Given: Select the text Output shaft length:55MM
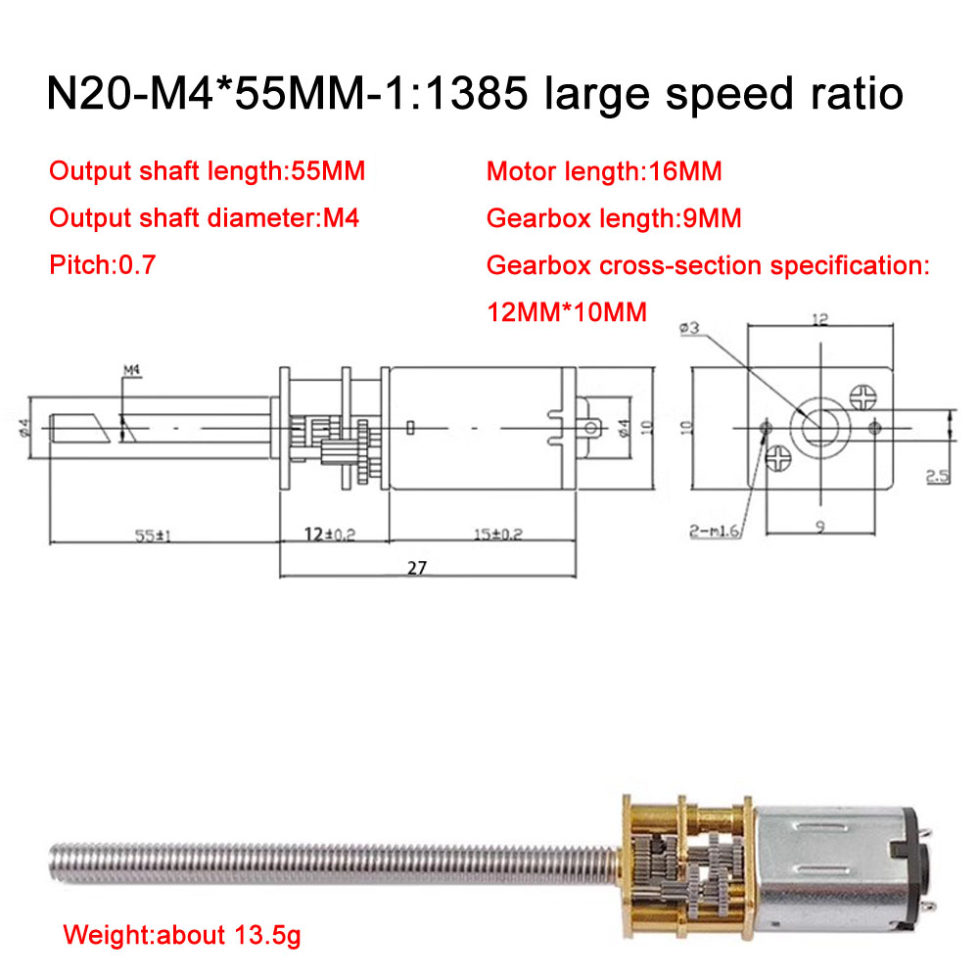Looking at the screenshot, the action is tap(208, 171).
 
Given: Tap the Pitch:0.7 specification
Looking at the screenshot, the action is tap(103, 264).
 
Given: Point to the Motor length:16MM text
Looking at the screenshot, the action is tap(604, 171).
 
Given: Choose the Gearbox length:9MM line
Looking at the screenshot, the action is tap(614, 218).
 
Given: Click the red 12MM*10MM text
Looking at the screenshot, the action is tap(567, 312).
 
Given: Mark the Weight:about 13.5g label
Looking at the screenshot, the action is tap(182, 935).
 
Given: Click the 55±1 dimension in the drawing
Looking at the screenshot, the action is tap(153, 536).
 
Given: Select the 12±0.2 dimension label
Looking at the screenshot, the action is tap(330, 534).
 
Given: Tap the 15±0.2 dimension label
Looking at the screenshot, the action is tap(497, 534).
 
